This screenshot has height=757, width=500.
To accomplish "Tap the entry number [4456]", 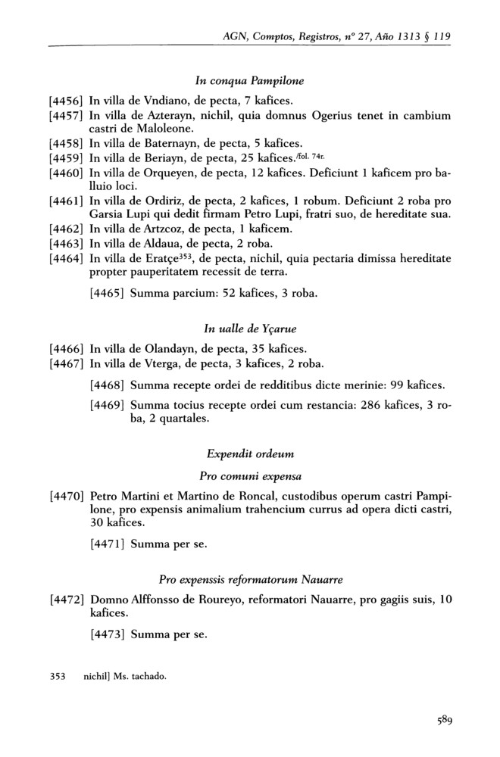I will (66, 99).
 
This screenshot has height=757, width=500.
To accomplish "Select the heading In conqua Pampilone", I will (249, 79).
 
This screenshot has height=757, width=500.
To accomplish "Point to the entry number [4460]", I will (66, 173).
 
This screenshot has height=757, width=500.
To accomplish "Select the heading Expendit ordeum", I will (249, 456).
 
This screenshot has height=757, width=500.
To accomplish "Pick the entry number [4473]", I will (107, 634).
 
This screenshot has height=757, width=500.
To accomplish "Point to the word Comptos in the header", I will (286, 36).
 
